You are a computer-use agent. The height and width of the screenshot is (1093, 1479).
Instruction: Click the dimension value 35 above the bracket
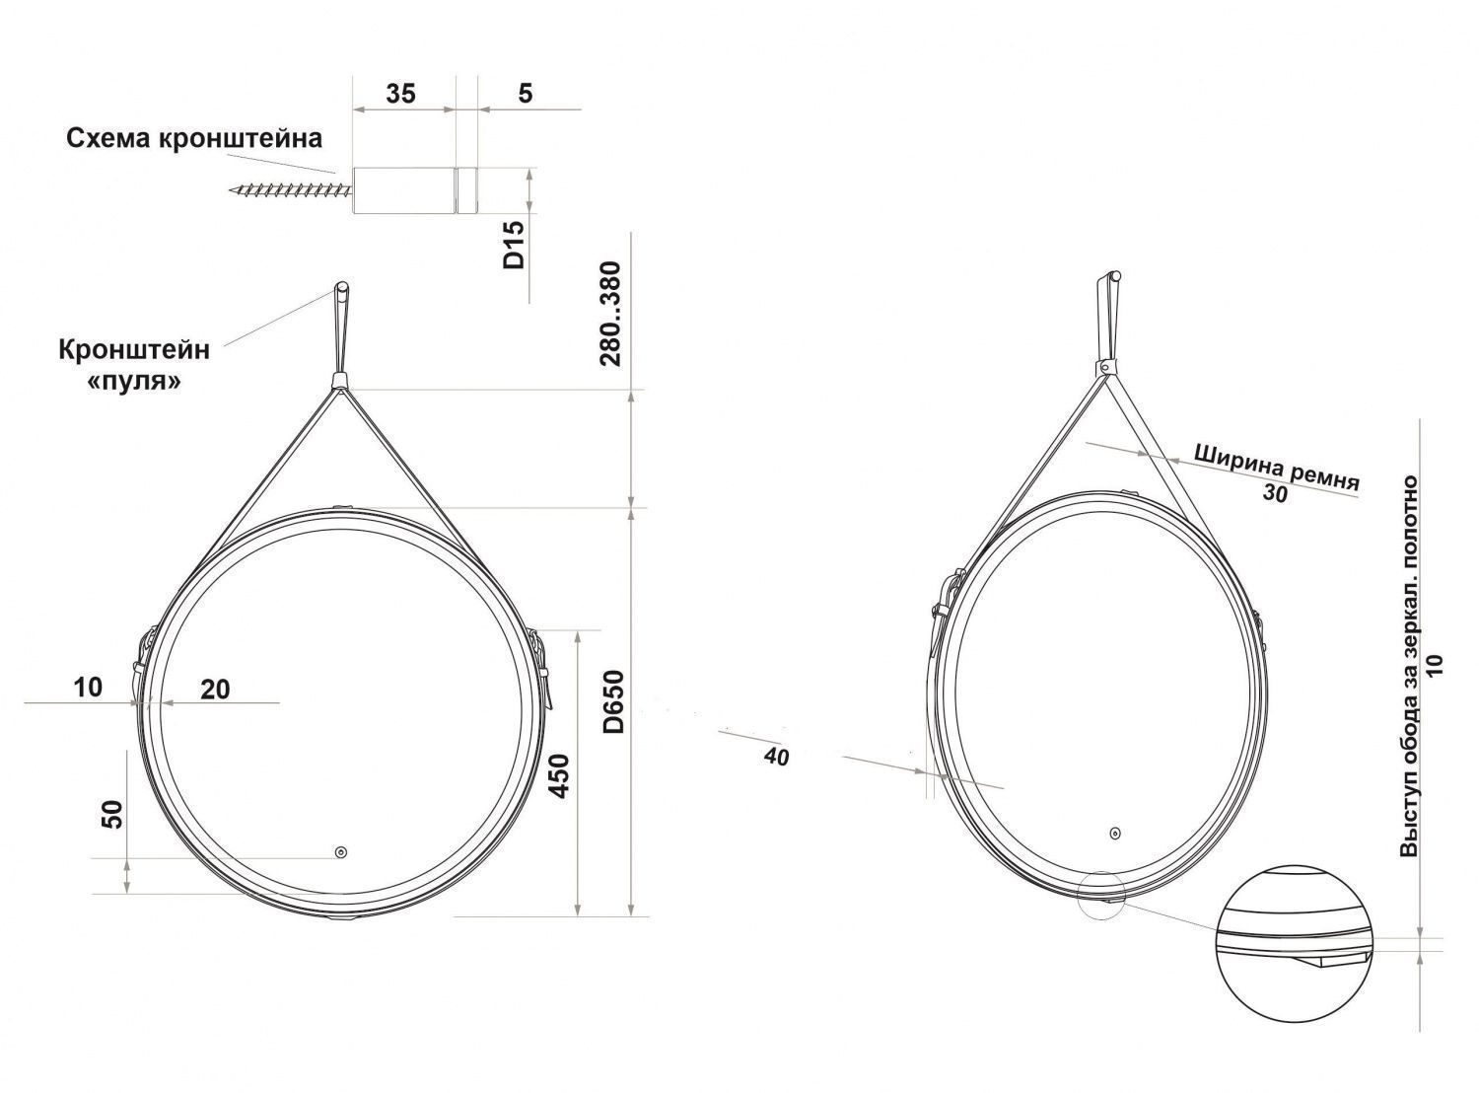(x=400, y=94)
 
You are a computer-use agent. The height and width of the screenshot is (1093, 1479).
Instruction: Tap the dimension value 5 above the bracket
(x=526, y=94)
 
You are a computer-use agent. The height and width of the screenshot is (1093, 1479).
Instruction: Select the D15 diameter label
(x=514, y=245)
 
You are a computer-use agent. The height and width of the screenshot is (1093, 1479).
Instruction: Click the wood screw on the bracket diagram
(x=290, y=192)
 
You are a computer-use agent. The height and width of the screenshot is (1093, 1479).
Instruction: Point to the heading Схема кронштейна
(x=194, y=139)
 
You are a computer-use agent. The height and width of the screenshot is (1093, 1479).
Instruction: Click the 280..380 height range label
(x=610, y=314)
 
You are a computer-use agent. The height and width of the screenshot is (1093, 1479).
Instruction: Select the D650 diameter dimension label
(x=613, y=701)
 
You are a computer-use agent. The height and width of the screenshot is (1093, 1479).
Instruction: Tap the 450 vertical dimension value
(x=559, y=776)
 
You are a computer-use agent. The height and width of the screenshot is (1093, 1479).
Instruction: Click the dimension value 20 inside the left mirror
(x=215, y=690)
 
